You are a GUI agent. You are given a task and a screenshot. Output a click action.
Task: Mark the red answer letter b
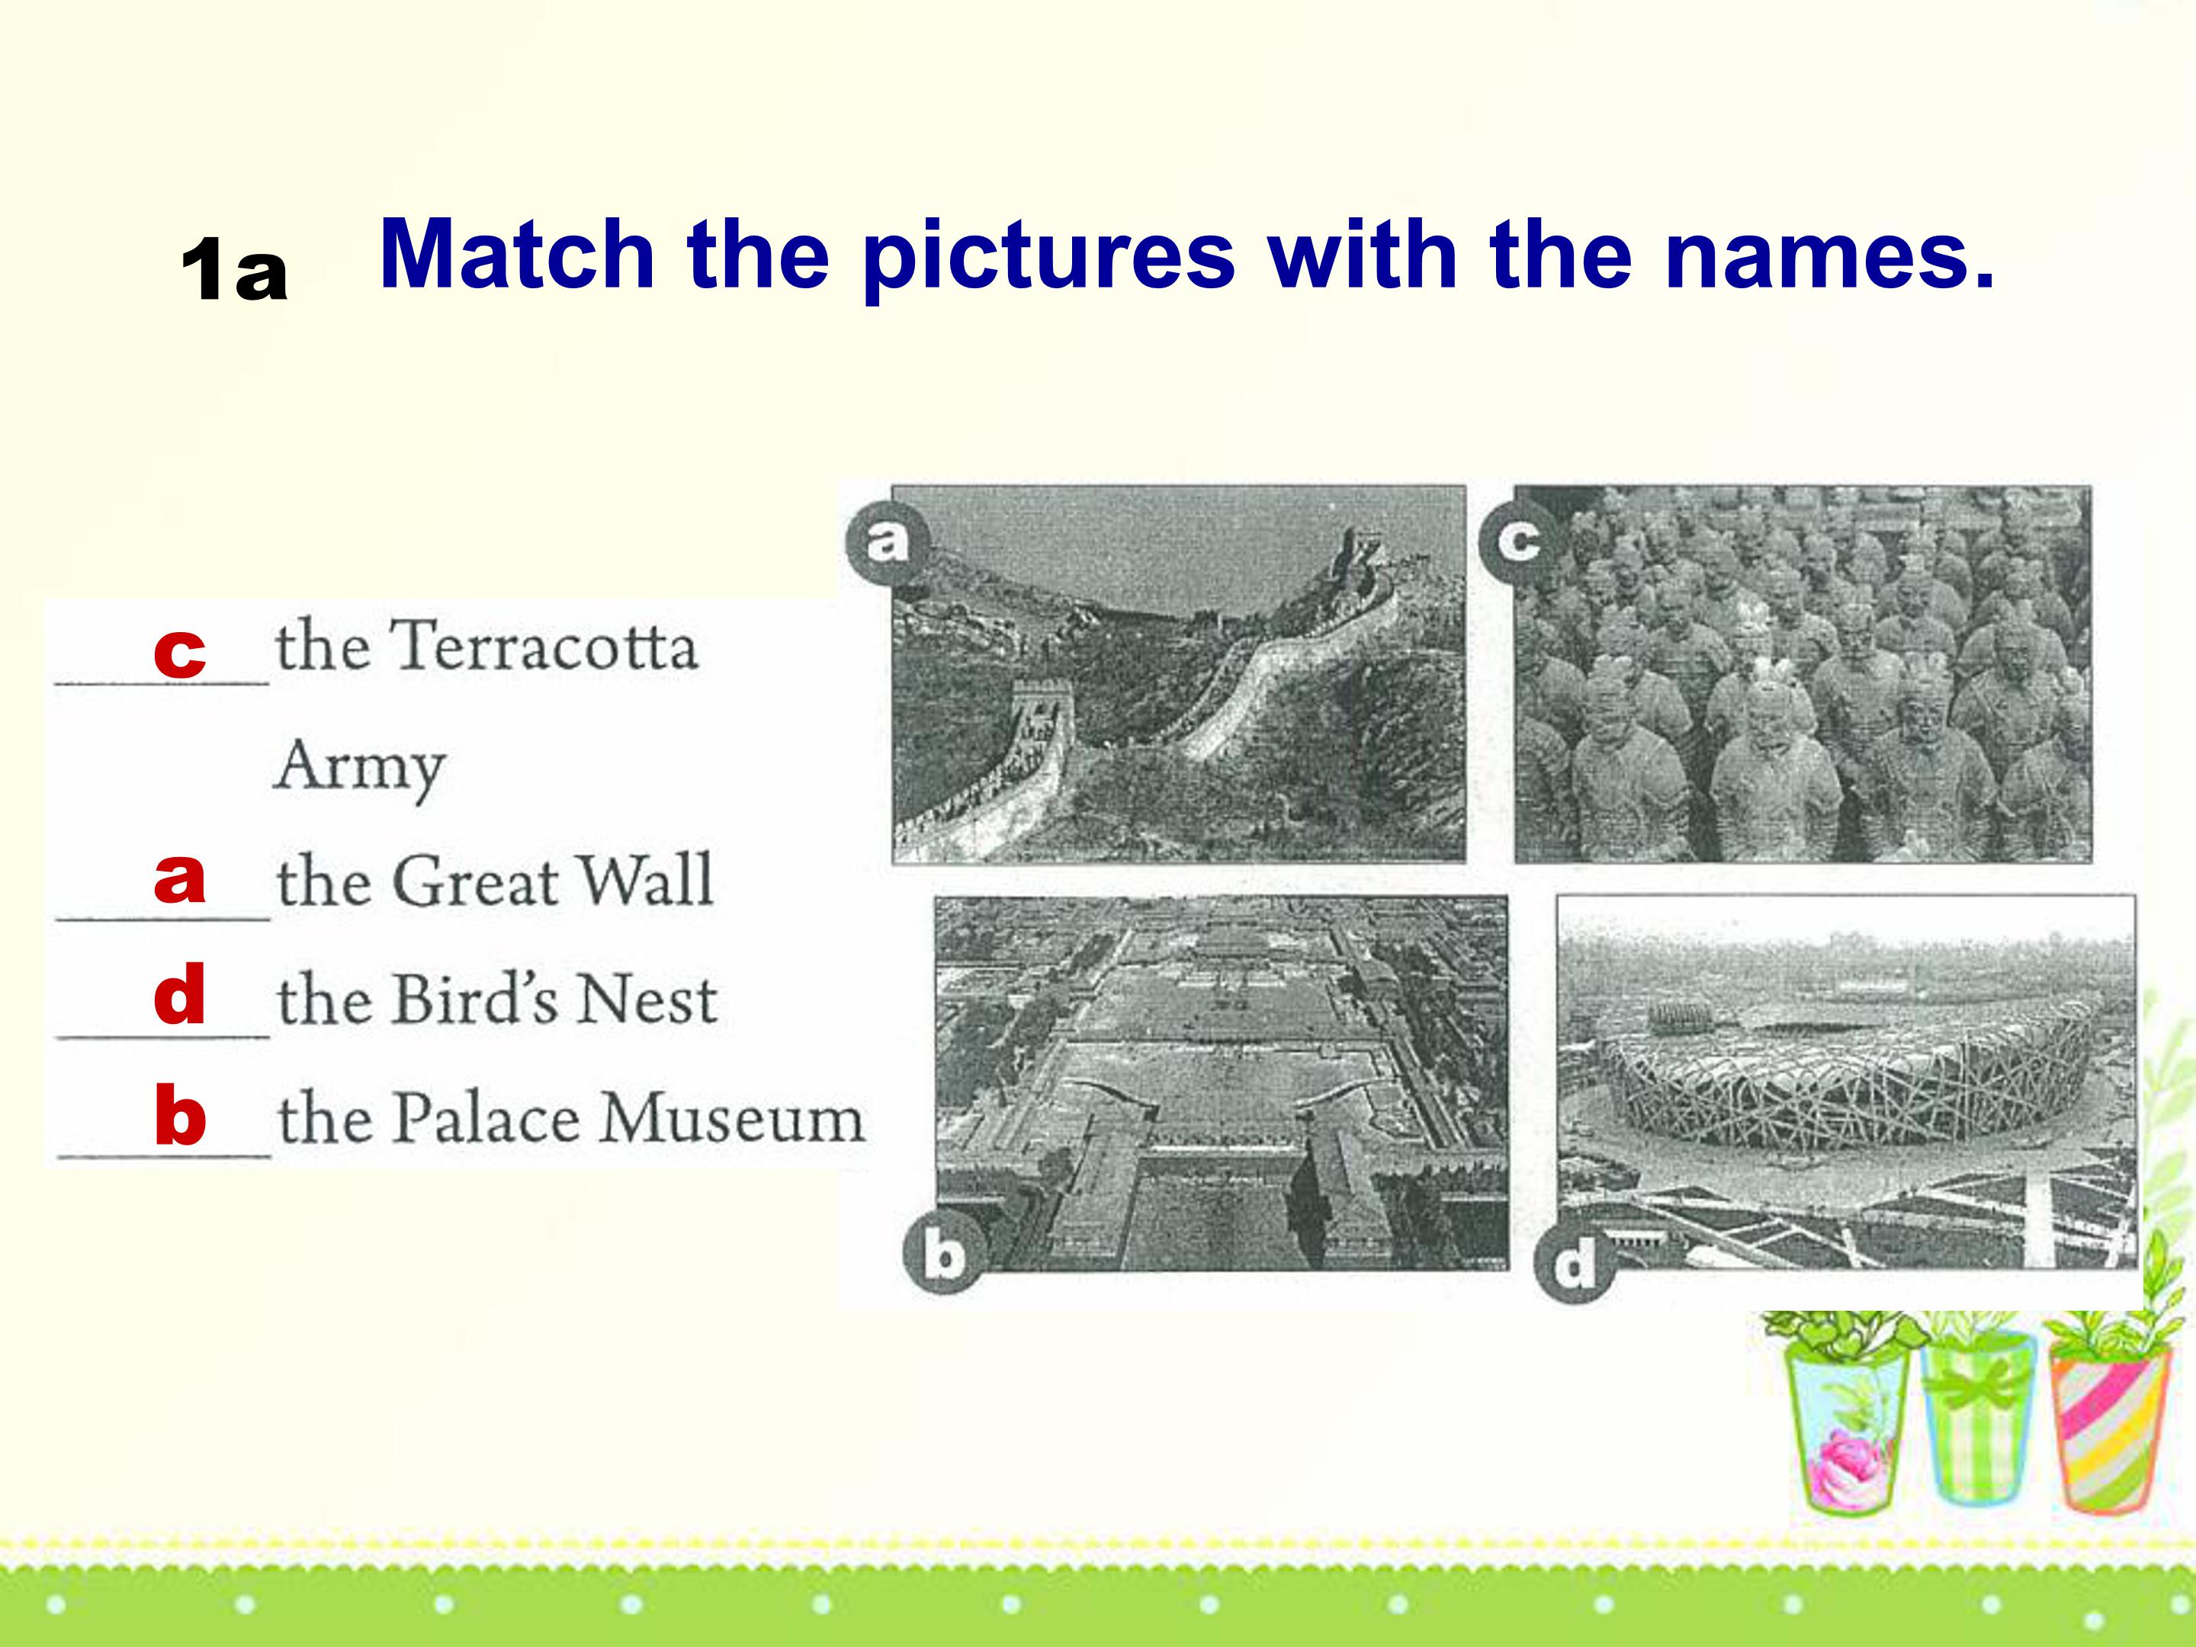[180, 1114]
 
